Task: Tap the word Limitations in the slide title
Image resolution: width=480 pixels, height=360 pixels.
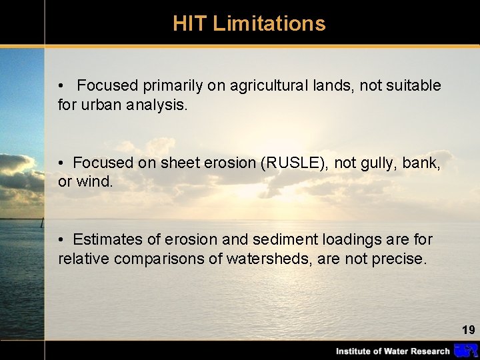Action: pyautogui.click(x=269, y=24)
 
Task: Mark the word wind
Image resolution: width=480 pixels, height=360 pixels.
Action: pyautogui.click(x=93, y=182)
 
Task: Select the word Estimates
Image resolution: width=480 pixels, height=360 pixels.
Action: pyautogui.click(x=104, y=239)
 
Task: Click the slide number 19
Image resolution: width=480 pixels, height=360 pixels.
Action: pyautogui.click(x=468, y=329)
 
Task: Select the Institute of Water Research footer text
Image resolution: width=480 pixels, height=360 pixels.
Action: pyautogui.click(x=392, y=351)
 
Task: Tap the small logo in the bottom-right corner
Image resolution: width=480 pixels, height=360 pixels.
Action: pyautogui.click(x=465, y=351)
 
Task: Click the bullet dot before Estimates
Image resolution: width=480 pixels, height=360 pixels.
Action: pyautogui.click(x=61, y=239)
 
